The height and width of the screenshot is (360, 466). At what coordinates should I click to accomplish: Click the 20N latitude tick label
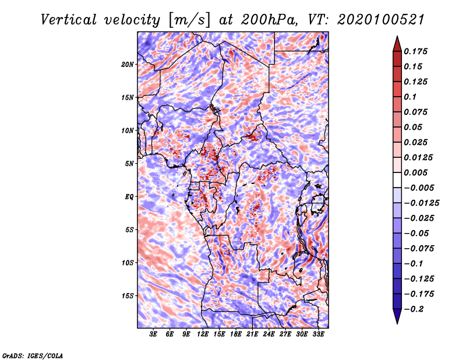coord(128,64)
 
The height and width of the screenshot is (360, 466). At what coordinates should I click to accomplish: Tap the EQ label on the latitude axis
coord(129,196)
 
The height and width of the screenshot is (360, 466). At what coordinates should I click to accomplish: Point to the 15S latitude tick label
coord(128,296)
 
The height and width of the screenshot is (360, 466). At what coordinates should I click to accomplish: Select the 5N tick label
coord(129,164)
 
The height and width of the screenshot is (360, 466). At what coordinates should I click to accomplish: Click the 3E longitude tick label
coord(153,334)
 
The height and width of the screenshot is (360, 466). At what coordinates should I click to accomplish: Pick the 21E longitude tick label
coord(252,334)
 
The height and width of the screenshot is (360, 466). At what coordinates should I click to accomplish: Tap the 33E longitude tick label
coord(318,334)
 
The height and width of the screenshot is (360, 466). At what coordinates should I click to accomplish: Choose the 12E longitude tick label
coord(203,334)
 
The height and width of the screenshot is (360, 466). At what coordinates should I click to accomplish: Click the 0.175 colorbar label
coord(416,51)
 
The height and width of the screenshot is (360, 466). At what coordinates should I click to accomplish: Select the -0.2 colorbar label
coord(414,309)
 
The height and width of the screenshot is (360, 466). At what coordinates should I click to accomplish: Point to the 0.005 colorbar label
coord(416,172)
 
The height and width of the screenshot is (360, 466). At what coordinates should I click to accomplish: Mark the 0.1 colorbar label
coord(410,97)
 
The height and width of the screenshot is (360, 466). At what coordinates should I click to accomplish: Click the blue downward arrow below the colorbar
coord(397,316)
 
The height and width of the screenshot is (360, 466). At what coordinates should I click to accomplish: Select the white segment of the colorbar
coord(397,180)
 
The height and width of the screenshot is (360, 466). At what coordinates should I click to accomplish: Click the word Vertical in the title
coord(69,20)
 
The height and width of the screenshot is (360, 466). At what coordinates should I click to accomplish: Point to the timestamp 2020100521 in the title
coord(381,20)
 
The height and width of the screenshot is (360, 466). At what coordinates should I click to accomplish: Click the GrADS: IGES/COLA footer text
coord(33,356)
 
